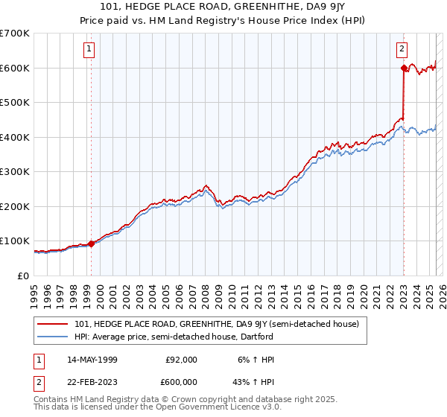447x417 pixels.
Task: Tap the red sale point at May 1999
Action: pyautogui.click(x=91, y=243)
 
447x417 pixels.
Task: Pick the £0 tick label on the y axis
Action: pyautogui.click(x=23, y=276)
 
